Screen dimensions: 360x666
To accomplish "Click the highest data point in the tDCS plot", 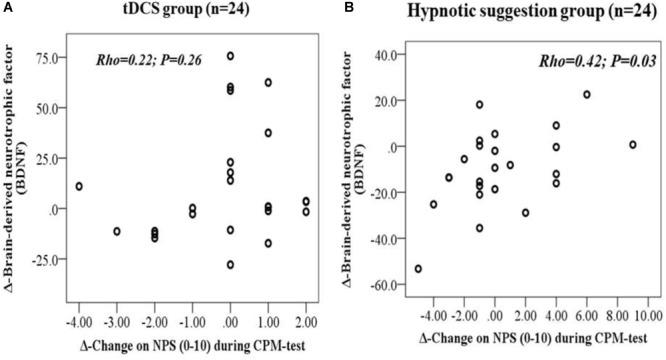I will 230,56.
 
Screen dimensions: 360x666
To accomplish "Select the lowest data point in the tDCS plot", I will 230,265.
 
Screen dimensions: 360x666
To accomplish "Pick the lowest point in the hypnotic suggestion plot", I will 418,269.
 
